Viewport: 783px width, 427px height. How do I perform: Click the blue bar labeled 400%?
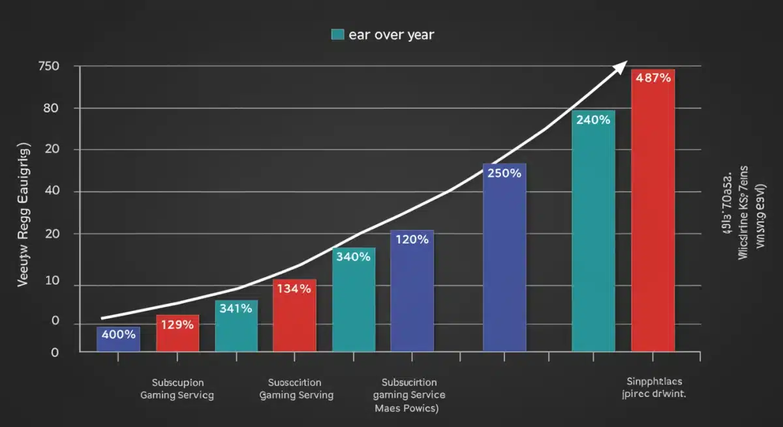coord(118,340)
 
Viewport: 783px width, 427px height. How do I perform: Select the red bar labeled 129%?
coord(177,334)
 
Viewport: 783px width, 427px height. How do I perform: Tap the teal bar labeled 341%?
coord(236,326)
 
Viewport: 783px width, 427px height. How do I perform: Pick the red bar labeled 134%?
coord(294,316)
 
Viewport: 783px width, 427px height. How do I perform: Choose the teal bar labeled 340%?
coord(354,300)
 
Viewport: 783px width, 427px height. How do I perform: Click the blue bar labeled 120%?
coord(412,291)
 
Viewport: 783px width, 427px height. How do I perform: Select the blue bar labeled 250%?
coord(504,258)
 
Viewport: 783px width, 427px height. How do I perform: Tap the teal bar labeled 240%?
coord(593,231)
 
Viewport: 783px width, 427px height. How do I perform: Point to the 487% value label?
coord(652,78)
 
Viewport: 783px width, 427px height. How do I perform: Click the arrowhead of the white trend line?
coord(620,65)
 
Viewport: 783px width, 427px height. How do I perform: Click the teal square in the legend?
coord(337,35)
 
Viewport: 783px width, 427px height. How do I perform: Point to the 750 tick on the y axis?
coord(49,66)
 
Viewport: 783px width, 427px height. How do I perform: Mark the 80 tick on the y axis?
coord(51,108)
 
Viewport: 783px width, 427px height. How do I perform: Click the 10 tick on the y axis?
coord(51,281)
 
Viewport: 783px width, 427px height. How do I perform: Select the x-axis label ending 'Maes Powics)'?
coord(409,395)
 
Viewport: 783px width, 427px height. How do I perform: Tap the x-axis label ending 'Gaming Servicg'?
coord(177,388)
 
